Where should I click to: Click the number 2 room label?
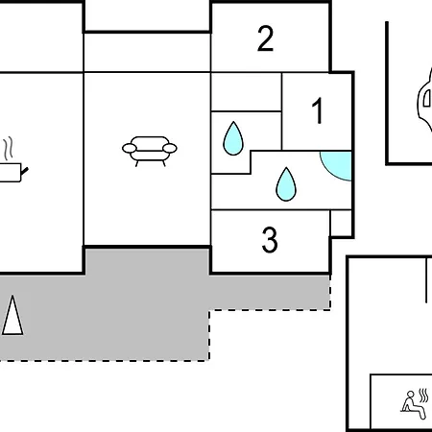pyautogui.click(x=265, y=38)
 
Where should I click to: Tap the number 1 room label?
pyautogui.click(x=318, y=110)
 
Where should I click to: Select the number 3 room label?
pyautogui.click(x=270, y=240)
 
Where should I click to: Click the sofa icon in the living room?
pyautogui.click(x=150, y=152)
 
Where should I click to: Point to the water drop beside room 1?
pyautogui.click(x=233, y=138)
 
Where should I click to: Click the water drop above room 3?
pyautogui.click(x=286, y=184)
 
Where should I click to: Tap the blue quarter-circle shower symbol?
pyautogui.click(x=337, y=166)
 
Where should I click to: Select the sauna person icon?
pyautogui.click(x=415, y=404)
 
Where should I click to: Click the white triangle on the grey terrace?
pyautogui.click(x=12, y=316)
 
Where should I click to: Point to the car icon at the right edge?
pyautogui.click(x=425, y=99)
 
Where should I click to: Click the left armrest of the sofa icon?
pyautogui.click(x=130, y=148)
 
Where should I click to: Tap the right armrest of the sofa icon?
pyautogui.click(x=170, y=148)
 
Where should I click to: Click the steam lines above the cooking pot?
pyautogui.click(x=9, y=148)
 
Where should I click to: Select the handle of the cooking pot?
pyautogui.click(x=24, y=171)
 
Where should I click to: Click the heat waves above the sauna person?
pyautogui.click(x=423, y=396)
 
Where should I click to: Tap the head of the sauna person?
pyautogui.click(x=411, y=394)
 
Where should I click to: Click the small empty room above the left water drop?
pyautogui.click(x=246, y=92)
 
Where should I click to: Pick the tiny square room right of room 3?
pyautogui.click(x=341, y=223)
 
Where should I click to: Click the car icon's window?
pyautogui.click(x=427, y=98)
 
